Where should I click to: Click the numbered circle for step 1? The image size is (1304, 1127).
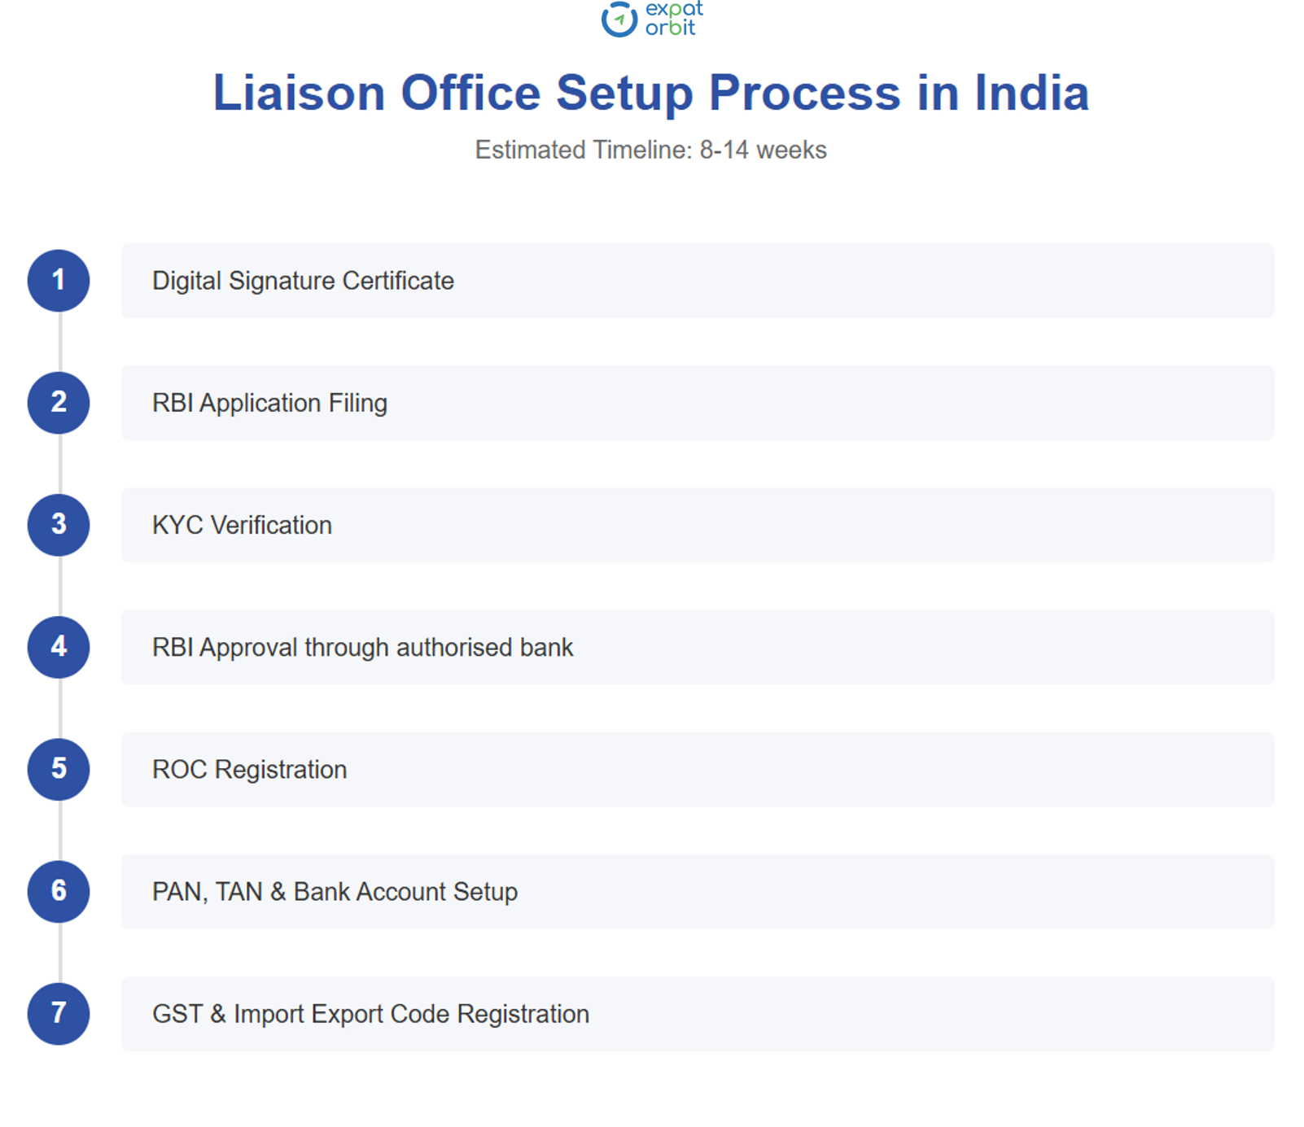pyautogui.click(x=59, y=281)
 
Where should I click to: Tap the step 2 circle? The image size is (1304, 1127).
pyautogui.click(x=59, y=403)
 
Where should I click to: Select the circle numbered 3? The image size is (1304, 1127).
pyautogui.click(x=59, y=525)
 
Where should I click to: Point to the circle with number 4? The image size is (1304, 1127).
pyautogui.click(x=59, y=647)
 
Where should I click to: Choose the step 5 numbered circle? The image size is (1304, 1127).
pyautogui.click(x=59, y=769)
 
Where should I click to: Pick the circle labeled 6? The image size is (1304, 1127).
pyautogui.click(x=59, y=891)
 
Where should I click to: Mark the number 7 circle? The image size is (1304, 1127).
pyautogui.click(x=59, y=1014)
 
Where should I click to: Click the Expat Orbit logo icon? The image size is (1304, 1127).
pyautogui.click(x=619, y=19)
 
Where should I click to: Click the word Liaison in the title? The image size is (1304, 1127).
pyautogui.click(x=299, y=93)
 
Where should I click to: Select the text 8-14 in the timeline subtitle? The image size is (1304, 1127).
pyautogui.click(x=724, y=150)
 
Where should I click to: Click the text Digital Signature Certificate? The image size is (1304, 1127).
pyautogui.click(x=303, y=281)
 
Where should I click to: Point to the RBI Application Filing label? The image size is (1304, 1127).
pyautogui.click(x=269, y=403)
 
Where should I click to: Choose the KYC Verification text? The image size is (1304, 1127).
pyautogui.click(x=242, y=525)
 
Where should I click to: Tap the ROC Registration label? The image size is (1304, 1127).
pyautogui.click(x=249, y=769)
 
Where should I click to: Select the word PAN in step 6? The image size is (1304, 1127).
pyautogui.click(x=178, y=892)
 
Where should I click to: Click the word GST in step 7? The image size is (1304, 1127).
pyautogui.click(x=177, y=1014)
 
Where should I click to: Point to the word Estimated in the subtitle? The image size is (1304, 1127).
pyautogui.click(x=530, y=150)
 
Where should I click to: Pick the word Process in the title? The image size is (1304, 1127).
pyautogui.click(x=804, y=93)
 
